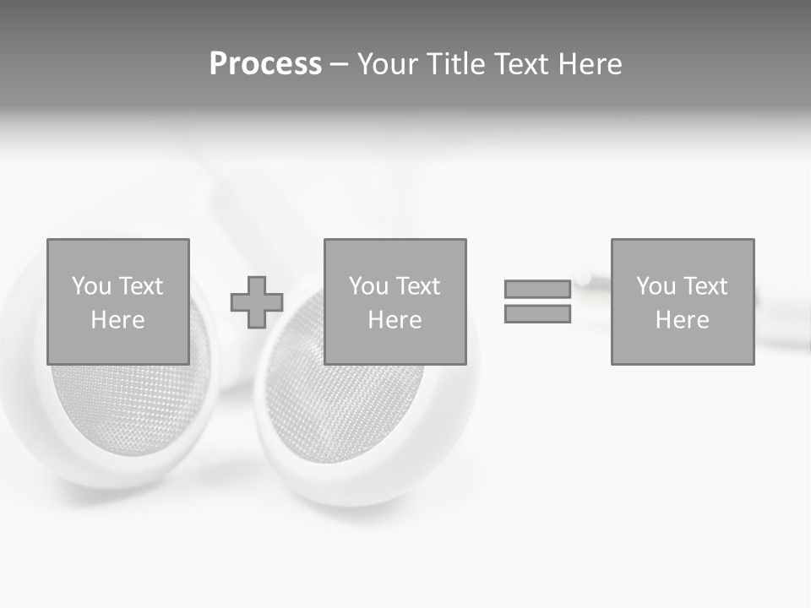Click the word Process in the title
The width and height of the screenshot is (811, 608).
pos(265,64)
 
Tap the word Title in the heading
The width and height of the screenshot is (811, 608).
pos(454,64)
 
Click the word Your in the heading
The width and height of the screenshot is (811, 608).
pos(388,64)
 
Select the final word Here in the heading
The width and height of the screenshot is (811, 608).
pos(591,64)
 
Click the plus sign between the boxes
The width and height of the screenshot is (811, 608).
pos(257,302)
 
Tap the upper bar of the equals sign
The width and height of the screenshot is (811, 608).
pos(537,289)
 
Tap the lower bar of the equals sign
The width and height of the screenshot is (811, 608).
pos(537,313)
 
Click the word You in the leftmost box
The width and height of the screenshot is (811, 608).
pos(91,286)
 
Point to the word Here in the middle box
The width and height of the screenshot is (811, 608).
pos(395,320)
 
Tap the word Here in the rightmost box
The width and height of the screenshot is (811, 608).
pos(683,320)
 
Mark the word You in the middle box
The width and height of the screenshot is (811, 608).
pos(368,286)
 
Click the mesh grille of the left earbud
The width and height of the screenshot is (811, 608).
pos(127,405)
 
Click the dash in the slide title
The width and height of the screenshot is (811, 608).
pos(339,65)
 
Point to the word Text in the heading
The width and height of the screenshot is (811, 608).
pos(520,64)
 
